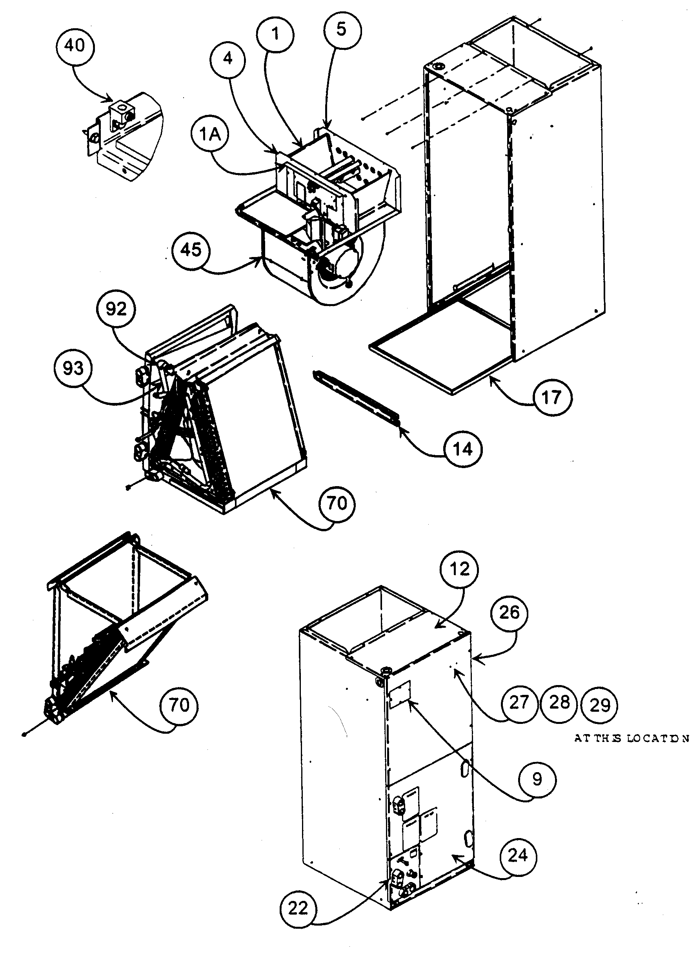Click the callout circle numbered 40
pyautogui.click(x=75, y=46)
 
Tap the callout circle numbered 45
pyautogui.click(x=191, y=250)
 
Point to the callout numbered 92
pyautogui.click(x=116, y=309)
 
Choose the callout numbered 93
pyautogui.click(x=73, y=368)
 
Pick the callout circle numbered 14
pyautogui.click(x=463, y=449)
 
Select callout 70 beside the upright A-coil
pyautogui.click(x=337, y=503)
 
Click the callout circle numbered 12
pyautogui.click(x=459, y=569)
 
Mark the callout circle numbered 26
pyautogui.click(x=509, y=612)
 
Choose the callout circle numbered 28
pyautogui.click(x=559, y=703)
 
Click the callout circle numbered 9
pyautogui.click(x=537, y=779)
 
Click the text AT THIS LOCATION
pyautogui.click(x=631, y=738)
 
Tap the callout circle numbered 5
pyautogui.click(x=342, y=29)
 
